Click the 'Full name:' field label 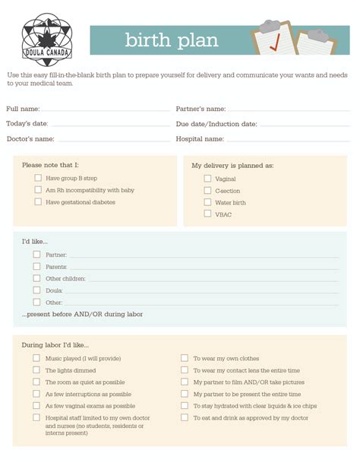[24, 109]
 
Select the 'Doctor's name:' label [30, 139]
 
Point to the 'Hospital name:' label [200, 139]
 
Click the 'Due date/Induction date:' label [216, 124]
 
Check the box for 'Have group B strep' [38, 178]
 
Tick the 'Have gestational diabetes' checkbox [38, 202]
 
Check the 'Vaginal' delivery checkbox [207, 179]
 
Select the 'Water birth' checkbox [207, 202]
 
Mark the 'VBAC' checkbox [207, 214]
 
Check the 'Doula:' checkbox [36, 290]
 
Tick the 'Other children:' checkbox [36, 278]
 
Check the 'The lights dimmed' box [36, 370]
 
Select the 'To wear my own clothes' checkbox [185, 358]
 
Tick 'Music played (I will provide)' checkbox [36, 358]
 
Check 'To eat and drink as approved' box [185, 418]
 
